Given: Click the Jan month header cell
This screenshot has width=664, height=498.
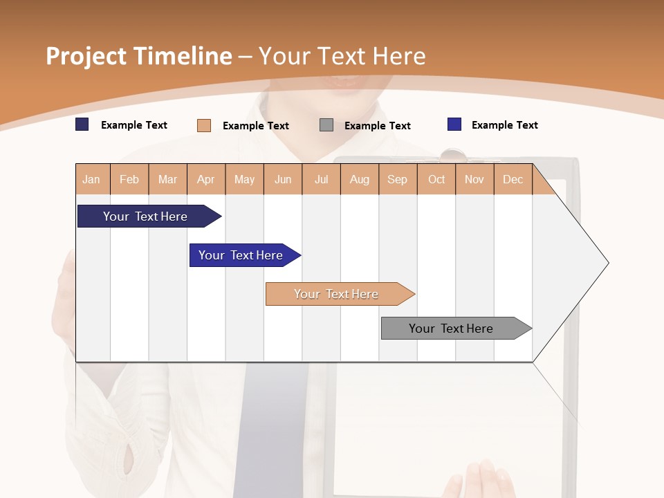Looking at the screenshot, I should [x=92, y=179].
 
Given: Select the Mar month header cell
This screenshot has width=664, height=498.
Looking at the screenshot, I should [x=167, y=179].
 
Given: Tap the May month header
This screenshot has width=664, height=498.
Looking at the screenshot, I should [x=244, y=179].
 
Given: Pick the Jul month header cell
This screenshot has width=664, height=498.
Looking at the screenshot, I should [x=321, y=179].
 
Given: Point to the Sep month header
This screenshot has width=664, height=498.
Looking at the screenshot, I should [x=398, y=179].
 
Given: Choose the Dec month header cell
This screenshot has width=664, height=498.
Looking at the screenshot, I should [x=513, y=179].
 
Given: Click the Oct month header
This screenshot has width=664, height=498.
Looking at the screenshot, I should [x=436, y=179].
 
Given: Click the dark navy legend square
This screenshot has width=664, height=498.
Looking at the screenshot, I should [x=82, y=124].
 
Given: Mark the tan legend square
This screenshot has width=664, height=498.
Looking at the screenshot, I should [x=204, y=125].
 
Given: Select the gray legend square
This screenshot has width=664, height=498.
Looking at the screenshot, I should [x=326, y=125].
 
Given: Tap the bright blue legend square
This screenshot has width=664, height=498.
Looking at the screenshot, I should [x=454, y=124].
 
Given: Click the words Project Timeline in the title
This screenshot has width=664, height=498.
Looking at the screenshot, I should [x=139, y=56].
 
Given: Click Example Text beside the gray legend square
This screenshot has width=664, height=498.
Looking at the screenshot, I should [x=377, y=126].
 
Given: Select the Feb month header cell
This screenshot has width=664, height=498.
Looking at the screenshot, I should [x=129, y=179].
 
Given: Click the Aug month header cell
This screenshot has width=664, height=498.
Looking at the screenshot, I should [x=359, y=179].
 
